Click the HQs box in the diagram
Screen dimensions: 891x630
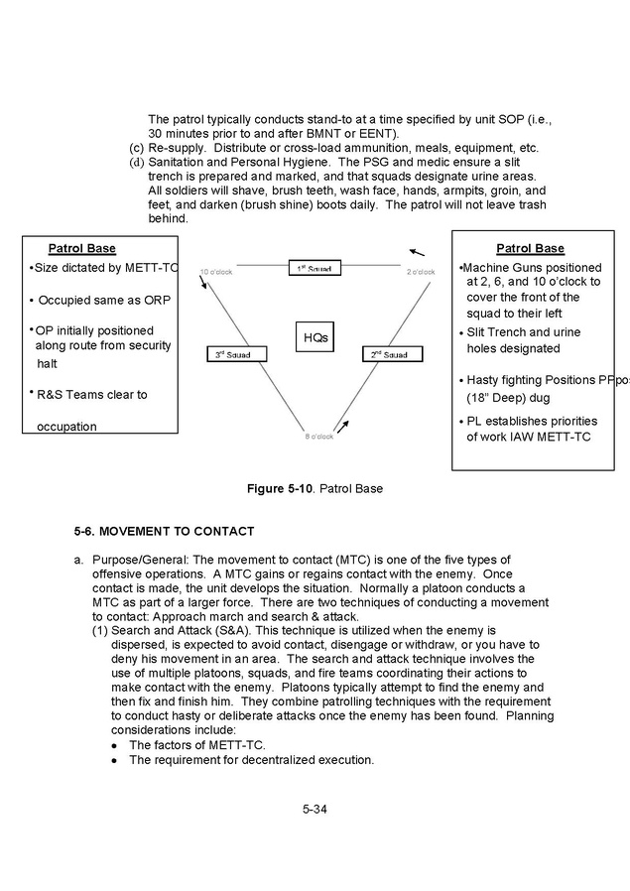point(315,338)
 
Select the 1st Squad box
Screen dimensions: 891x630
point(314,268)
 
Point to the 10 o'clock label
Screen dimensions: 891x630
point(215,271)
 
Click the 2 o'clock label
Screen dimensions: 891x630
point(420,271)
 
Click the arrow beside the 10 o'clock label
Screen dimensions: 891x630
point(203,284)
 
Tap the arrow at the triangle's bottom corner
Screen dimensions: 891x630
point(342,426)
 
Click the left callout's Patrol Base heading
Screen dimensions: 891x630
point(81,248)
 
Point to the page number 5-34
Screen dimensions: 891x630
point(315,809)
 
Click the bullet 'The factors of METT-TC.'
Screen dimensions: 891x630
point(189,744)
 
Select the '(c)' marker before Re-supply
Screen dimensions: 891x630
point(138,148)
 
